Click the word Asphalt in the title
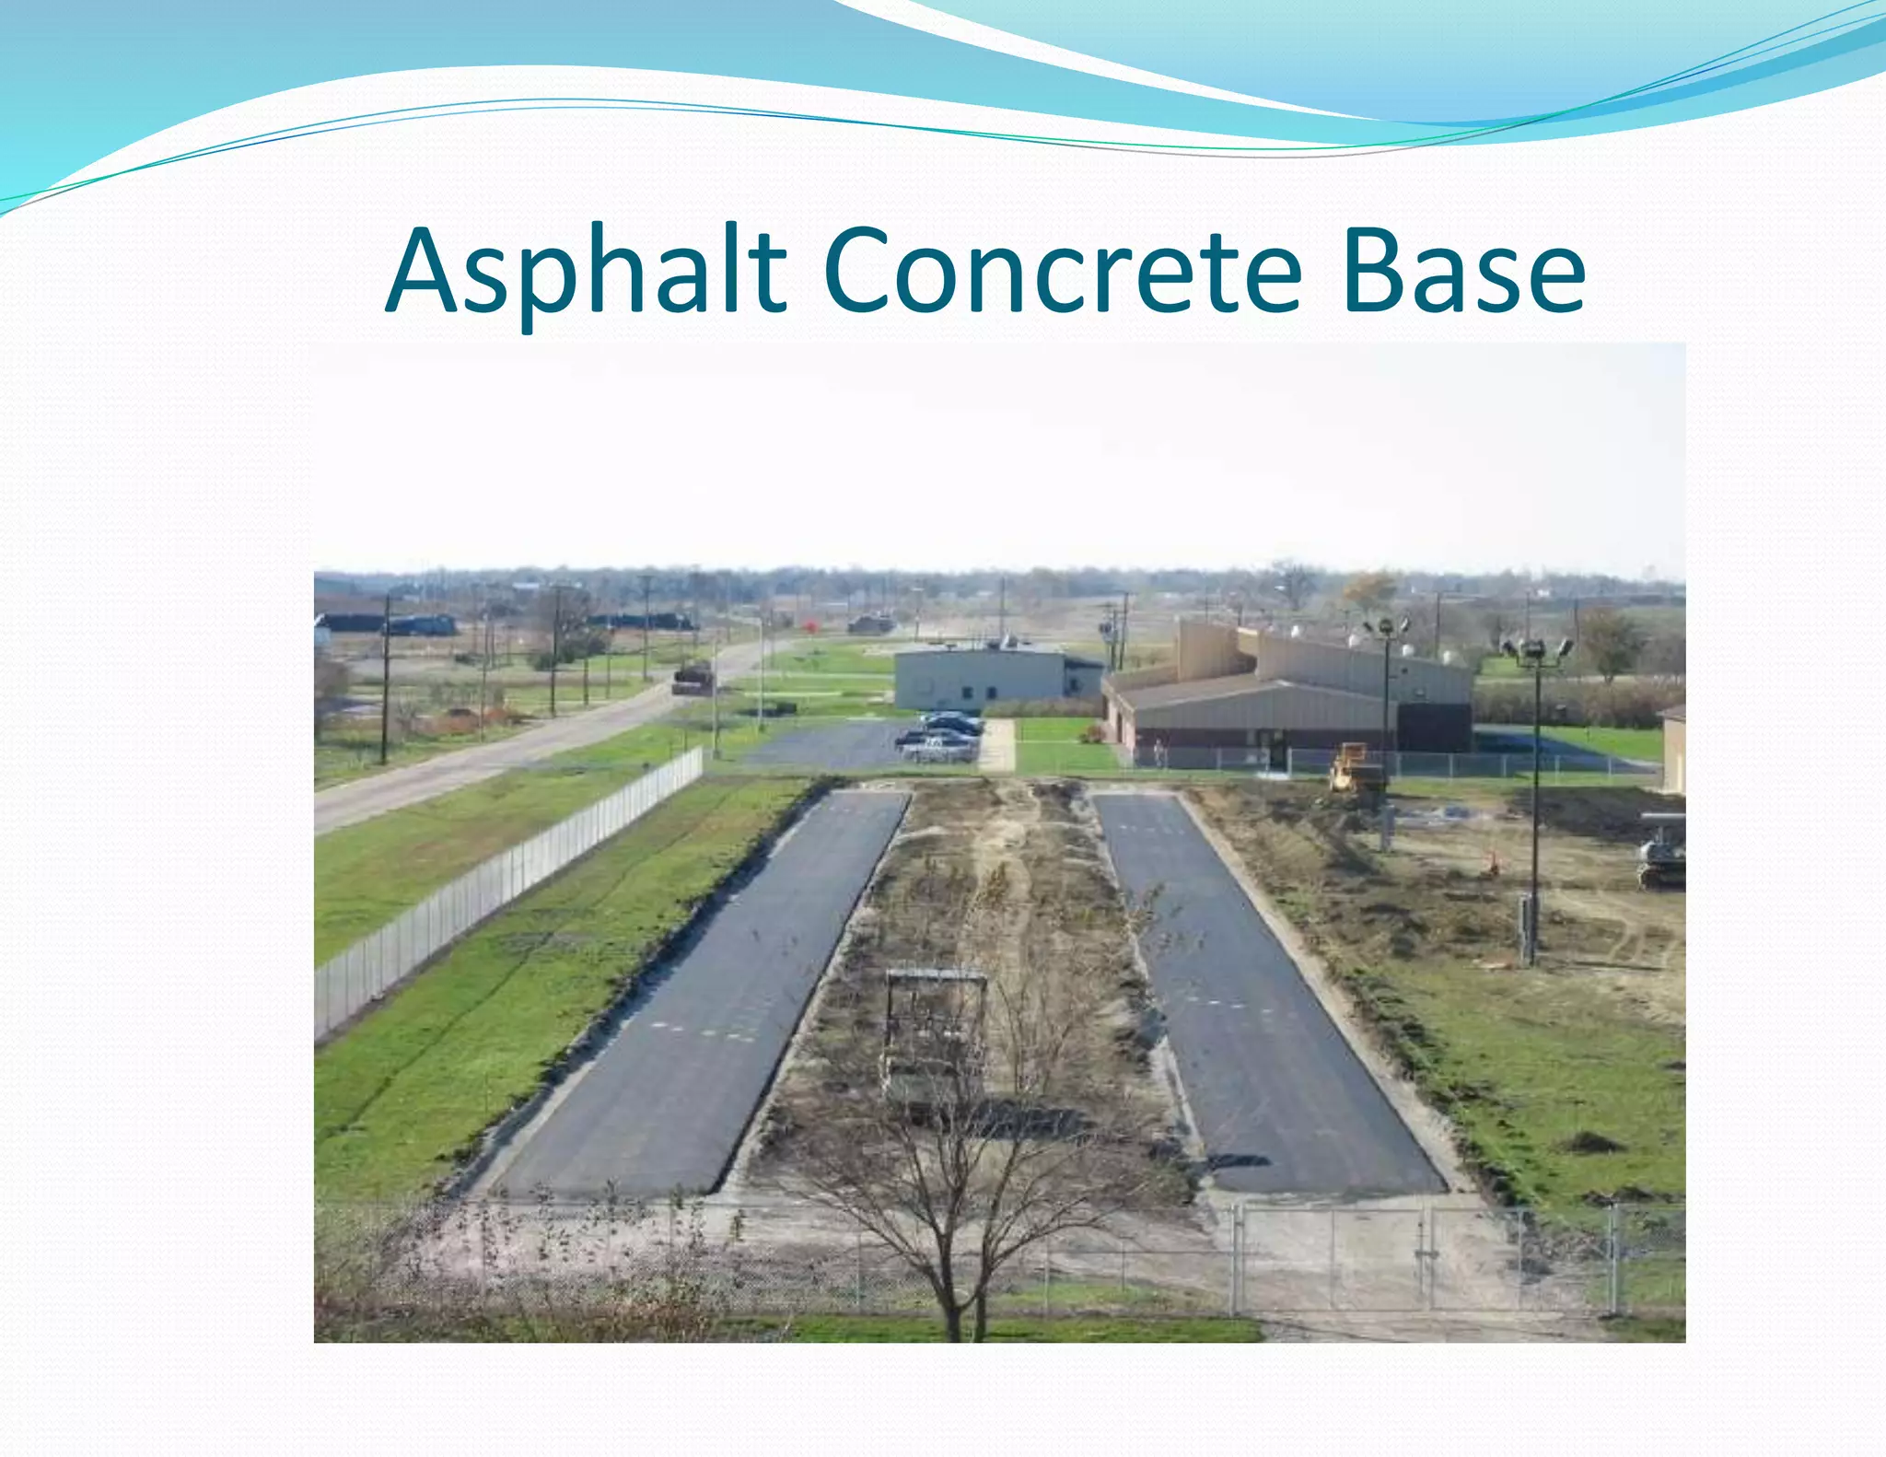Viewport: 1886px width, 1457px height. tap(586, 272)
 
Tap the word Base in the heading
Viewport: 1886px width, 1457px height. tap(1463, 272)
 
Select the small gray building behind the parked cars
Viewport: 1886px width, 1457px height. tap(982, 678)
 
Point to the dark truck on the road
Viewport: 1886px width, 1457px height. tap(693, 678)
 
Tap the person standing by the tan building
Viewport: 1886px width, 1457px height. tap(1158, 753)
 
